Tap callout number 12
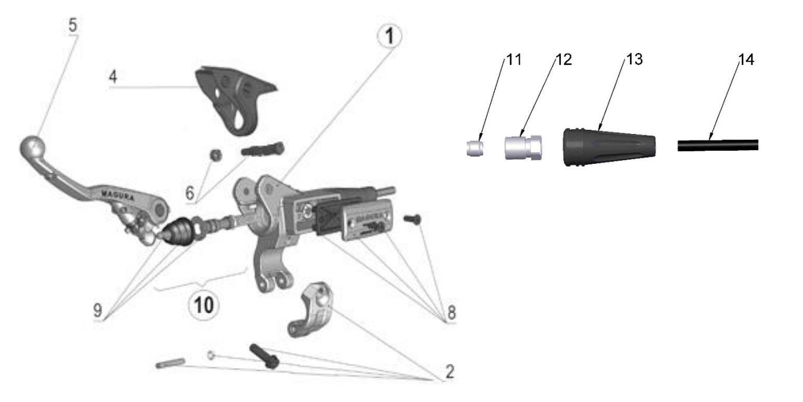(x=563, y=60)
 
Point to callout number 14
(x=746, y=60)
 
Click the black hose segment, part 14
(x=717, y=145)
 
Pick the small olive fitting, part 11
(x=474, y=148)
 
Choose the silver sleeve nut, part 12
(x=523, y=147)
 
